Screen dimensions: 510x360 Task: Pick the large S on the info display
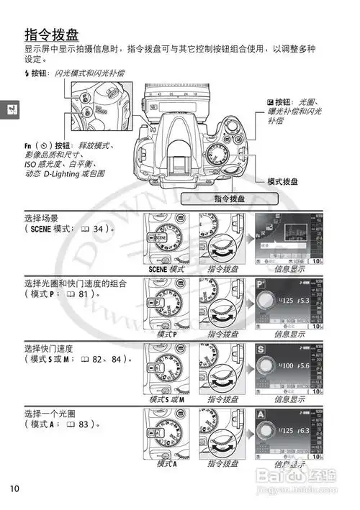(261, 349)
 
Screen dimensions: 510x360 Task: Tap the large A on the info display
(261, 414)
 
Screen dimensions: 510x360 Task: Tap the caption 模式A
(166, 464)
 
